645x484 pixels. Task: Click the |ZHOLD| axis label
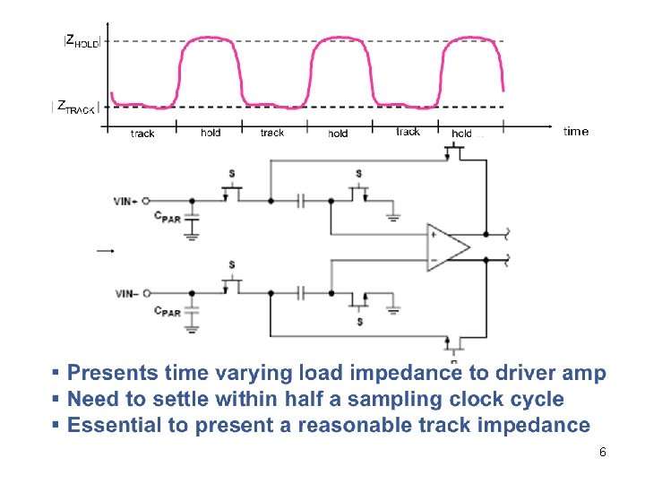point(82,41)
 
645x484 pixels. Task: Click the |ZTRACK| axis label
point(75,107)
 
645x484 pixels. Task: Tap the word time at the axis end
point(576,132)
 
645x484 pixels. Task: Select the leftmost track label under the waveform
point(142,134)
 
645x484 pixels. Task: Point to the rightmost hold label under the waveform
point(462,134)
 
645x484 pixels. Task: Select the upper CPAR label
point(167,217)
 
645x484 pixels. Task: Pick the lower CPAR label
point(167,311)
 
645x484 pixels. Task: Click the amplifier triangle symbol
point(449,246)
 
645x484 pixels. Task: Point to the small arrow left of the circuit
point(106,251)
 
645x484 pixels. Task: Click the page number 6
point(603,453)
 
